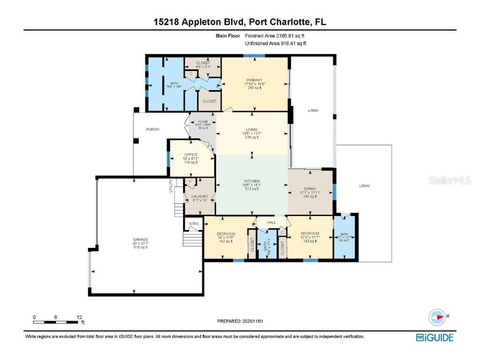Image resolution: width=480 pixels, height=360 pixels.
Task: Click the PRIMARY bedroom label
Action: [254, 80]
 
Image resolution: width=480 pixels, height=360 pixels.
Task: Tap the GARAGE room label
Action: [140, 240]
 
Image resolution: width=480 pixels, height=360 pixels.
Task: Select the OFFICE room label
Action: [191, 155]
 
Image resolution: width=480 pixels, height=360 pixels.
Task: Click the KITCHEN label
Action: [251, 181]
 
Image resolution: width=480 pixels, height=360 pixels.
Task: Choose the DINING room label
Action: [310, 189]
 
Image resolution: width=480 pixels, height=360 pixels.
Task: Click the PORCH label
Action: [153, 129]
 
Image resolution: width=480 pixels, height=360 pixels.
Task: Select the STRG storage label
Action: [194, 224]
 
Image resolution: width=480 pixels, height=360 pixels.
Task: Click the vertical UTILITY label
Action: [171, 186]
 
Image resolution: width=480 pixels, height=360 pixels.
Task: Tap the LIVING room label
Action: [251, 130]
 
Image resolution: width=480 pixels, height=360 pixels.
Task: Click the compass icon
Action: [437, 317]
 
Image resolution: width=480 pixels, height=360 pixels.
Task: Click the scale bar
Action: [55, 322]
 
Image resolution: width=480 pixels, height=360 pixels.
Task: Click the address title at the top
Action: [240, 22]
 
